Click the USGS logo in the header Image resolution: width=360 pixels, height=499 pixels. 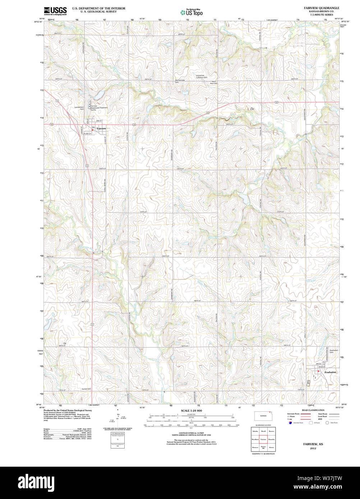coord(55,11)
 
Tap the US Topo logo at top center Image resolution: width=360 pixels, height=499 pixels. coord(191,12)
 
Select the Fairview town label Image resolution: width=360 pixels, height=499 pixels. coord(101,128)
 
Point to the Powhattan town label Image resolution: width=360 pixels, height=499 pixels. coord(330,372)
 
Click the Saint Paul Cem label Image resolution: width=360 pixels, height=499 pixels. coord(214,82)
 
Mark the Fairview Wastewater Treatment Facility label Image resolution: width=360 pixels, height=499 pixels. coord(98,108)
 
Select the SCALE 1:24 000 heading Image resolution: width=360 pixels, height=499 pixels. coord(191,411)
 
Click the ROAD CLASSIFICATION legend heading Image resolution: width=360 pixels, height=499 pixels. coord(313,410)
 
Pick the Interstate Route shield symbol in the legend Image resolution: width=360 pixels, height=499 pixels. coord(290,423)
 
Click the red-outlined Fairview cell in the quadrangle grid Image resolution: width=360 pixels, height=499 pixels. coord(263,439)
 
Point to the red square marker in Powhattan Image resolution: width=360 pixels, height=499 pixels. coord(318,372)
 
